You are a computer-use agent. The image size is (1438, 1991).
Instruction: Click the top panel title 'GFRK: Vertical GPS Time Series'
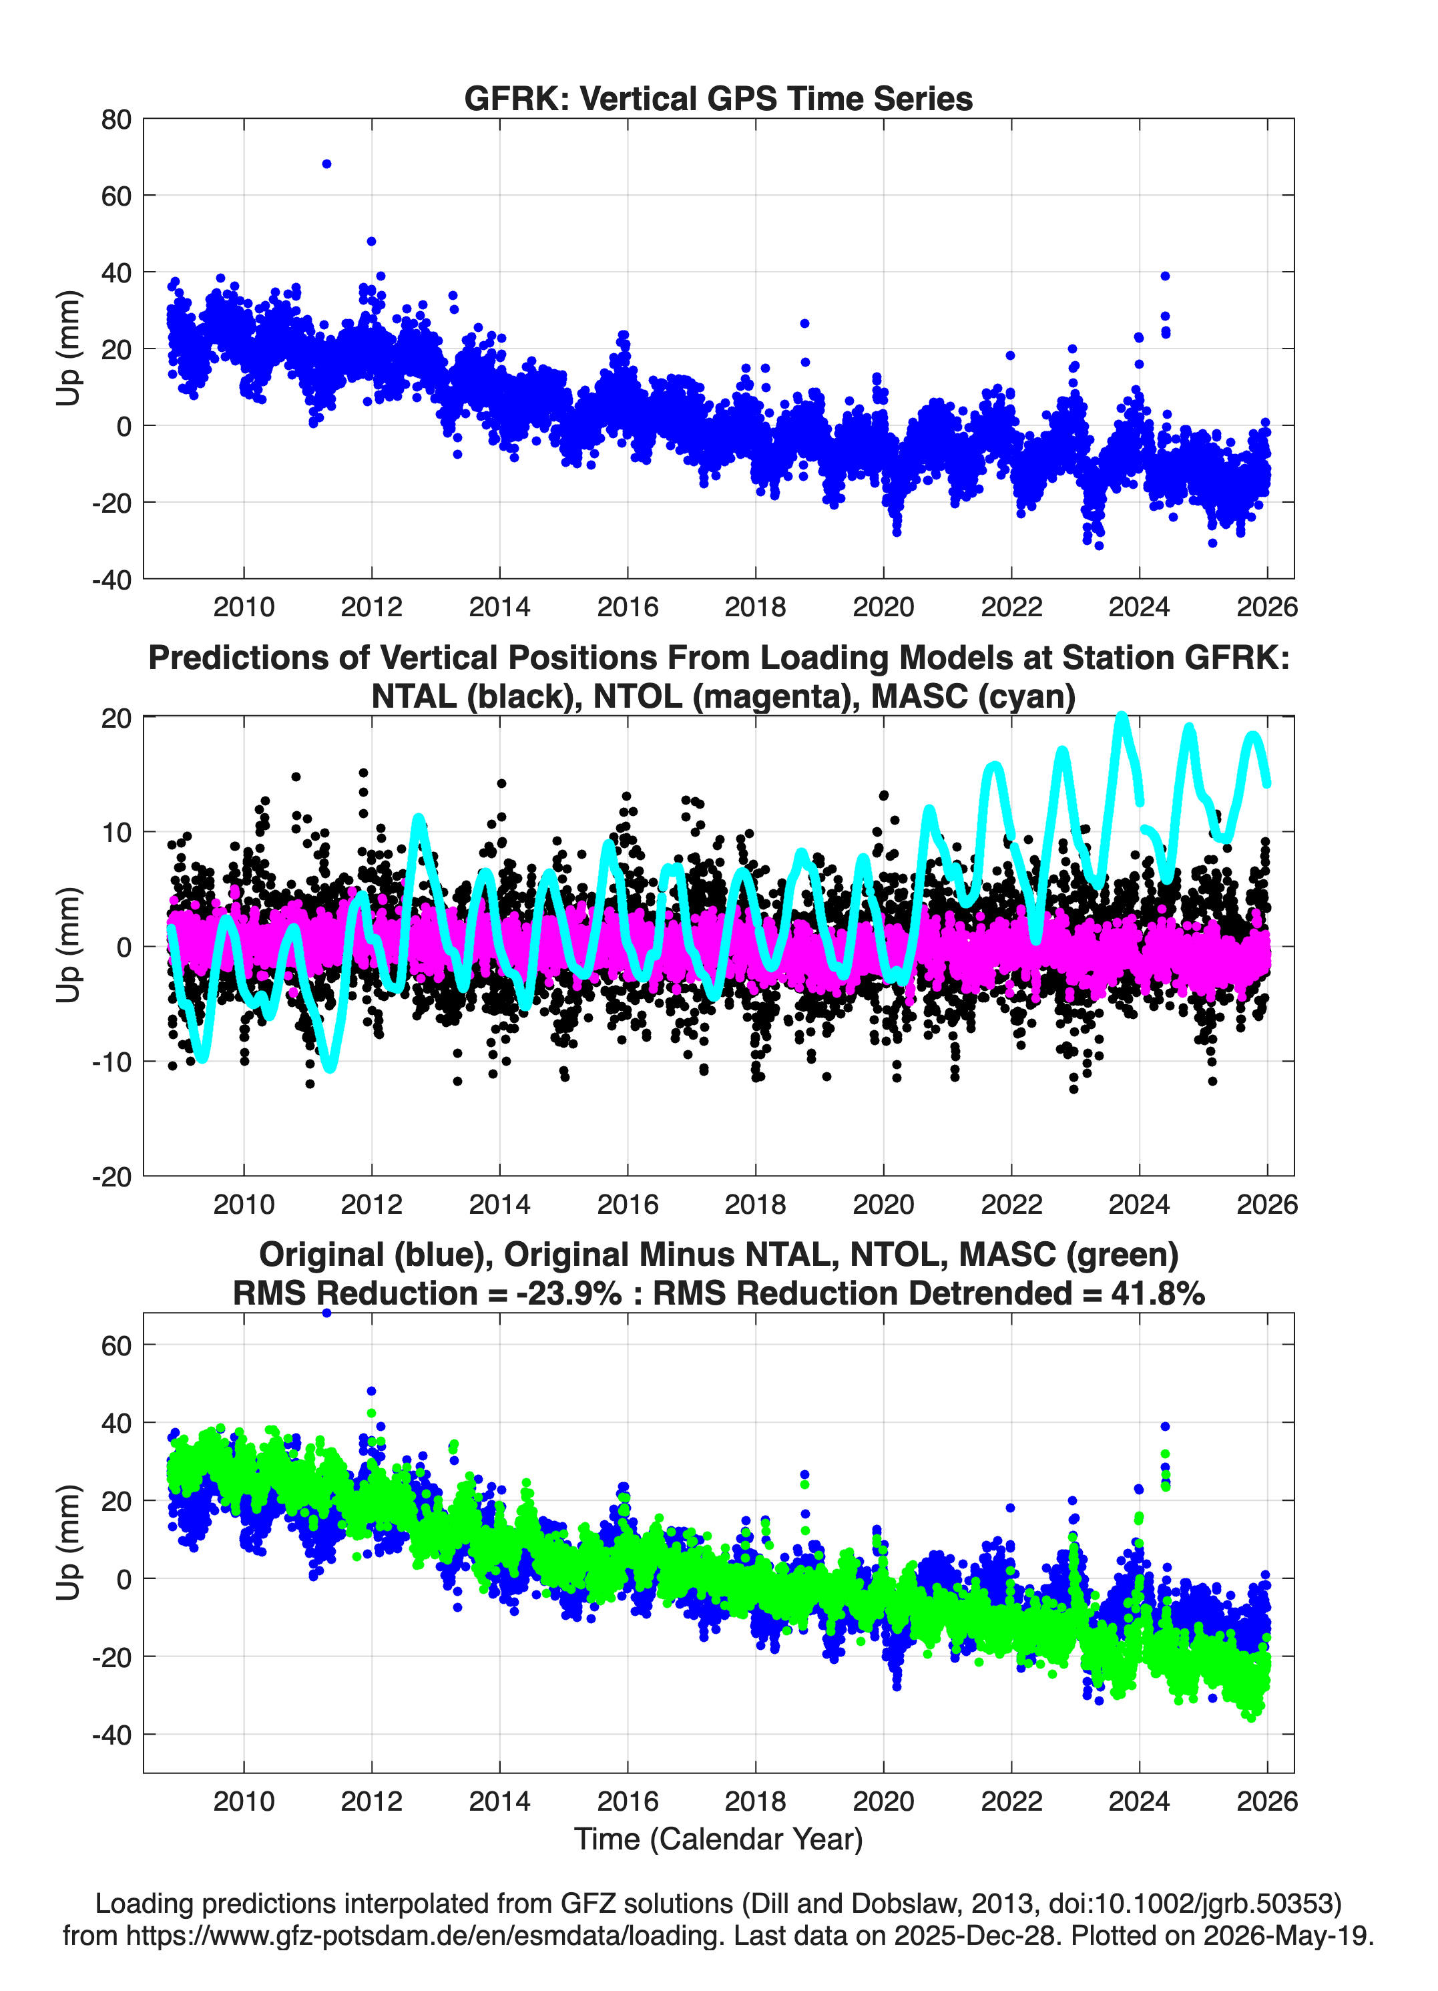pyautogui.click(x=718, y=98)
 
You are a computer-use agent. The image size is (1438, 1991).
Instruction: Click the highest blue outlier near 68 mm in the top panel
pyautogui.click(x=326, y=164)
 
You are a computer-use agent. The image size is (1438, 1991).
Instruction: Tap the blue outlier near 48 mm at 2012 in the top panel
pyautogui.click(x=371, y=242)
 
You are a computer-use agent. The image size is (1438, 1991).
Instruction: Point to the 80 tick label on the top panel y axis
pyautogui.click(x=116, y=120)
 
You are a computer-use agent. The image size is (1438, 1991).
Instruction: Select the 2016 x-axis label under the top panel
pyautogui.click(x=628, y=607)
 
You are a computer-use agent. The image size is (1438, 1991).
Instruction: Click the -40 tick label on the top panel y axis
pyautogui.click(x=111, y=580)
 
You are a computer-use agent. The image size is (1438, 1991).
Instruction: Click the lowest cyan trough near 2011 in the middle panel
pyautogui.click(x=330, y=1067)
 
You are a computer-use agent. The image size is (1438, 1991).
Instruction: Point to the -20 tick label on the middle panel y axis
pyautogui.click(x=111, y=1177)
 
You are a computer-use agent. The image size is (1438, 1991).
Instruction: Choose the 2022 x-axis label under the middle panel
pyautogui.click(x=1011, y=1204)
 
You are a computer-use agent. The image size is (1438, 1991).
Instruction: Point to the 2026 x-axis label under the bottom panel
pyautogui.click(x=1267, y=1801)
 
